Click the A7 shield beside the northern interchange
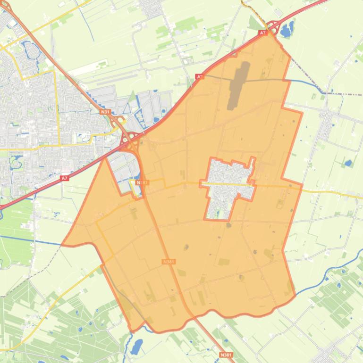pyautogui.click(x=263, y=33)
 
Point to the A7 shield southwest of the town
pyautogui.click(x=65, y=178)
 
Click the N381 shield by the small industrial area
pyautogui.click(x=142, y=182)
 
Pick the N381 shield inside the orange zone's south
pyautogui.click(x=168, y=261)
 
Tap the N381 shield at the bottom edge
pyautogui.click(x=226, y=355)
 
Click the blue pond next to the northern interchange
pyautogui.click(x=287, y=30)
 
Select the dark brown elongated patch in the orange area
pyautogui.click(x=239, y=85)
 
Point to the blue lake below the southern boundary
pyautogui.click(x=136, y=347)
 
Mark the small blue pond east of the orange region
pyautogui.click(x=348, y=164)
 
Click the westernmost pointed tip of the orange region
pyautogui.click(x=63, y=245)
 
